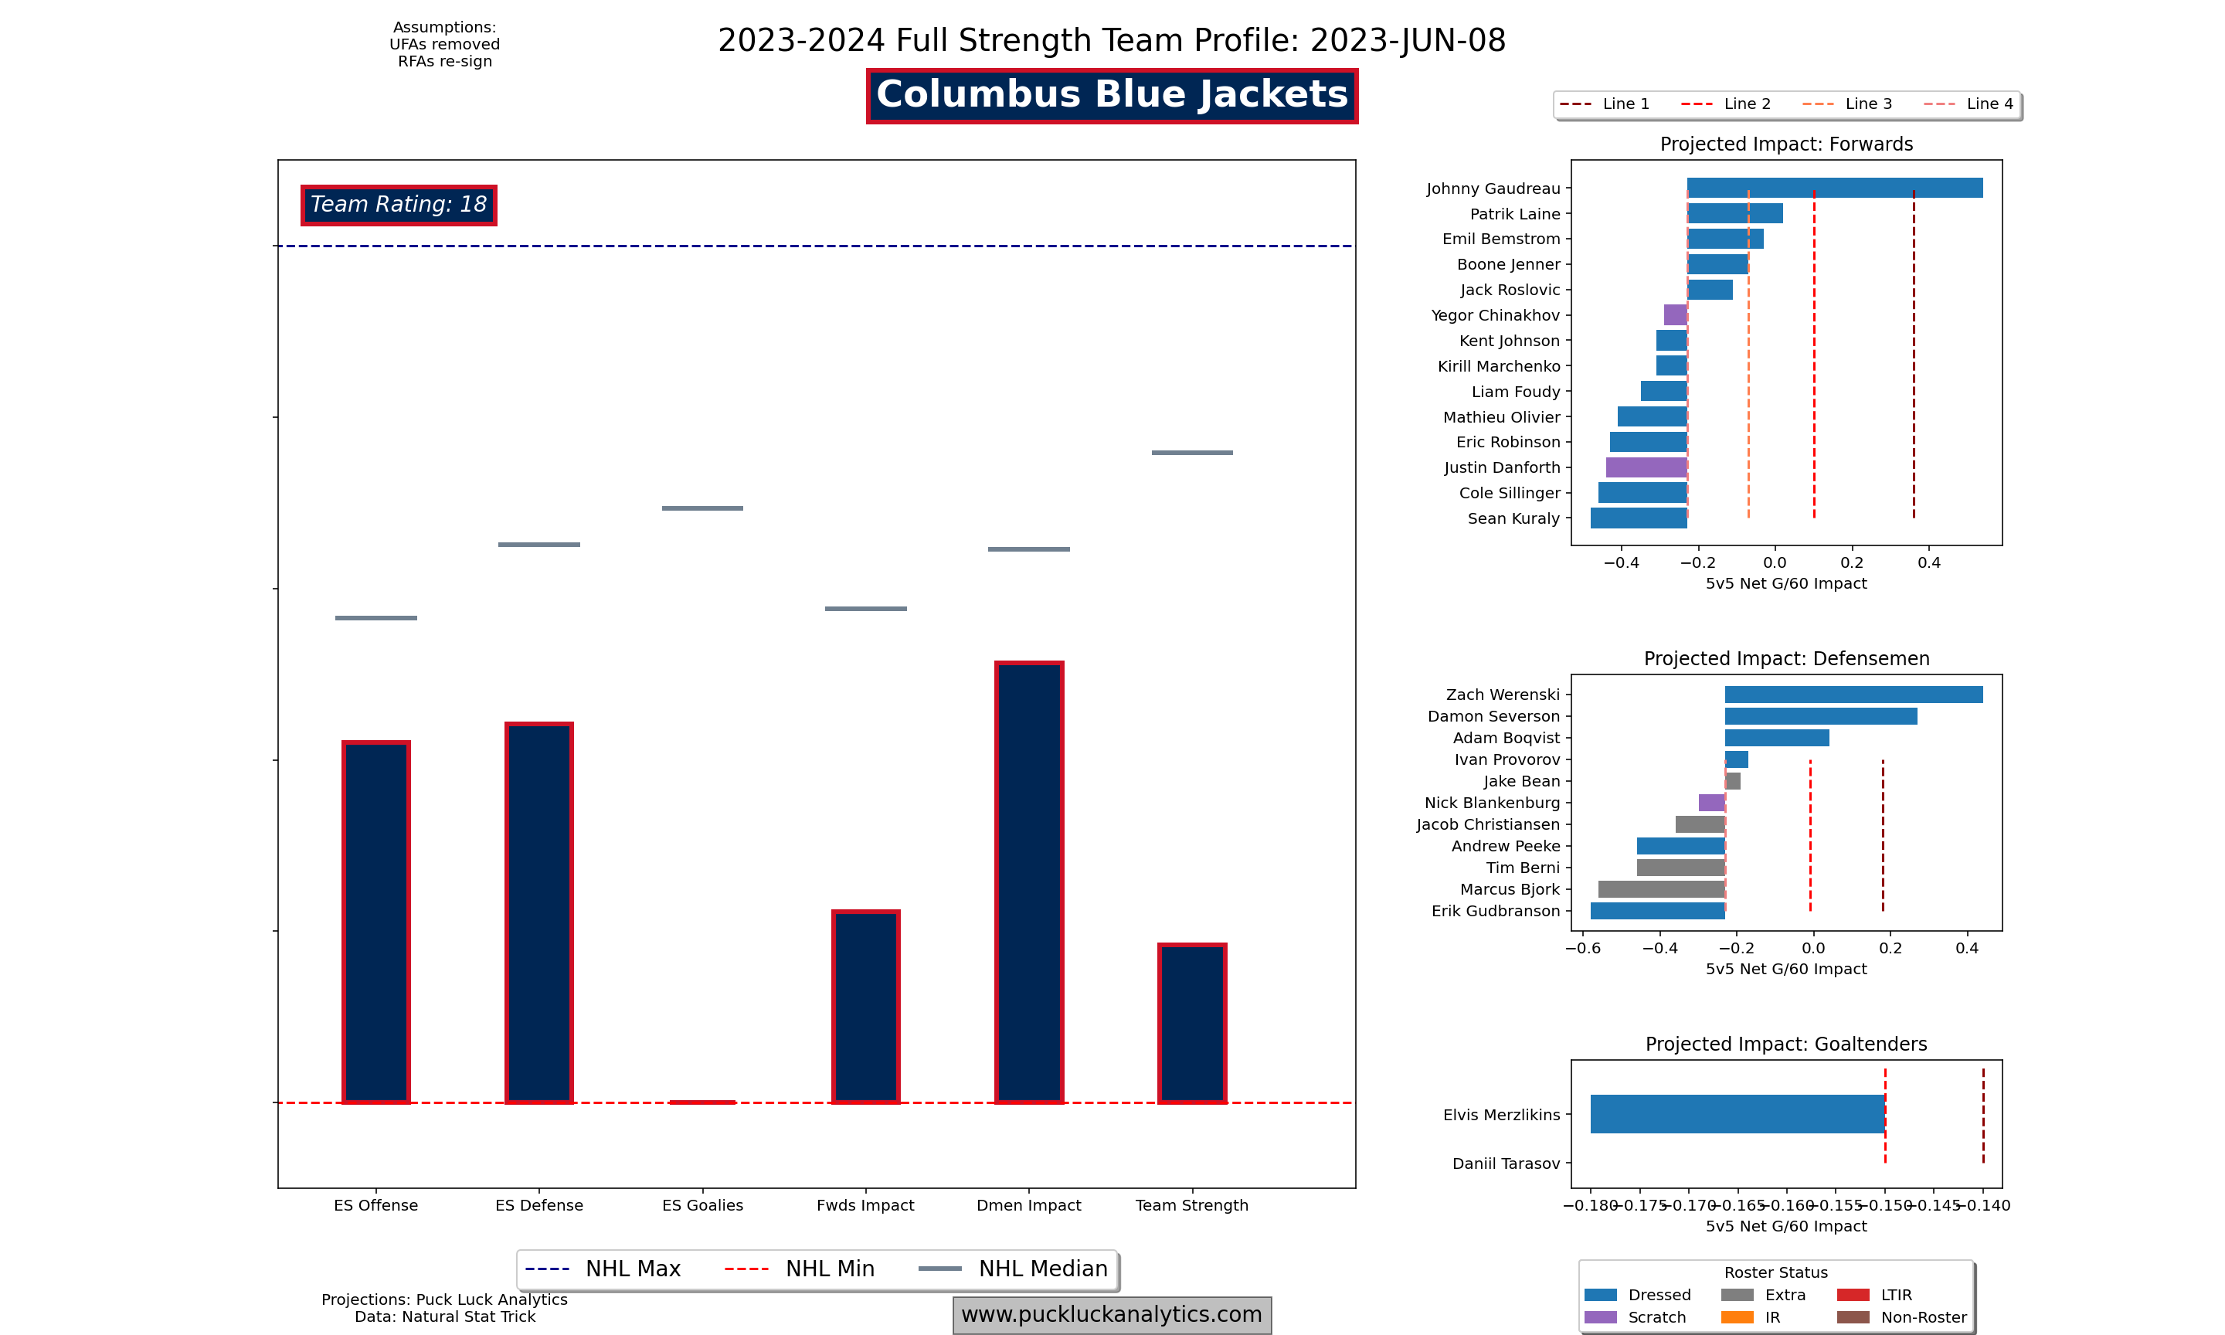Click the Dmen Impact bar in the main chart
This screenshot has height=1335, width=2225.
click(x=1029, y=882)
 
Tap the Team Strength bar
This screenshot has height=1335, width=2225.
click(x=1191, y=1023)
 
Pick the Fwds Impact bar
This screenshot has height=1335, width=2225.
click(x=865, y=1006)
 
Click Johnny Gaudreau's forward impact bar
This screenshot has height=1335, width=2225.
click(x=1834, y=188)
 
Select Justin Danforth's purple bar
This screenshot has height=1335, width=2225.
click(x=1646, y=467)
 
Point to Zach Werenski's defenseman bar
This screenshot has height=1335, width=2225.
click(x=1853, y=695)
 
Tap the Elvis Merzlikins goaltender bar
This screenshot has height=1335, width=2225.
click(x=1737, y=1114)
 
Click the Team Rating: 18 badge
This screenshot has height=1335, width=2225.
click(x=399, y=205)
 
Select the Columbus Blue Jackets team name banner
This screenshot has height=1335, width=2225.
click(x=1112, y=95)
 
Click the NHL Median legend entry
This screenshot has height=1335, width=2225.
click(x=1014, y=1269)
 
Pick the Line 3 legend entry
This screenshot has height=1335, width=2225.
click(x=1847, y=104)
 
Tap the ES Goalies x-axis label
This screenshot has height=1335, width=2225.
click(x=702, y=1205)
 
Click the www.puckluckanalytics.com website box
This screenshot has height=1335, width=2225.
click(x=1112, y=1314)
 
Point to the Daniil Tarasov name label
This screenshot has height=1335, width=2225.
click(x=1506, y=1163)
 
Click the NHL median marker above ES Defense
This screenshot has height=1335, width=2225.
click(x=538, y=544)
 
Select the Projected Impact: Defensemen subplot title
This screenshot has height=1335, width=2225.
click(x=1786, y=658)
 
